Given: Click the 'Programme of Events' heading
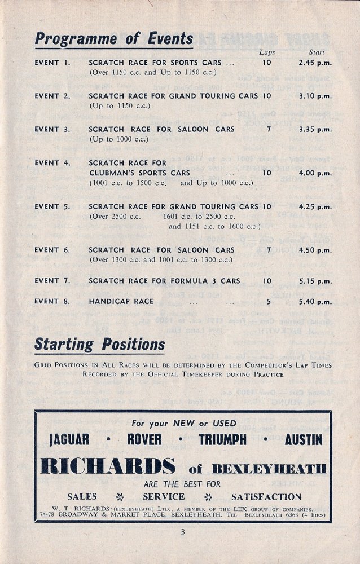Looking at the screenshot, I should [x=114, y=39].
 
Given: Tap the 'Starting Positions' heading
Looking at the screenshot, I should [x=100, y=344].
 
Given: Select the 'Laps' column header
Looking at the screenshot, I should [x=267, y=52].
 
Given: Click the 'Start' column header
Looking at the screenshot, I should [x=317, y=52].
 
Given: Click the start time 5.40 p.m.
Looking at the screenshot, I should [x=315, y=302].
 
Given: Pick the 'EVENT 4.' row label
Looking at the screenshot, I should [x=52, y=163].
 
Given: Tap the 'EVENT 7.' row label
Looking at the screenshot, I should [x=52, y=281].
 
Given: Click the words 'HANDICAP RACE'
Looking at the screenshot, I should [x=121, y=302].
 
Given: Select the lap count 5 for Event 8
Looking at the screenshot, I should [x=267, y=302].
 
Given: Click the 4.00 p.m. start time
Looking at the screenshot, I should [x=315, y=173].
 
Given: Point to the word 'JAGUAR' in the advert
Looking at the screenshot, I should [x=73, y=439].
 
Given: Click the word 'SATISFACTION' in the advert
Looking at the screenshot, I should [x=266, y=497].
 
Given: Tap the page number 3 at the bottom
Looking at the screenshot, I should [x=183, y=532].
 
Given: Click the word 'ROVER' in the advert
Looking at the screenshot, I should [x=144, y=439].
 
